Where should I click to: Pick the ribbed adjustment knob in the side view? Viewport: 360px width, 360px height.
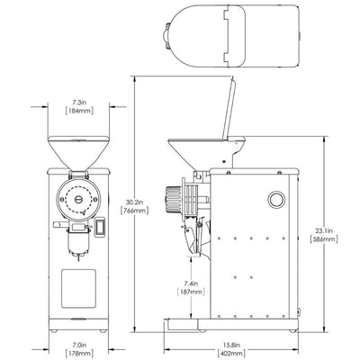point(171,198)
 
